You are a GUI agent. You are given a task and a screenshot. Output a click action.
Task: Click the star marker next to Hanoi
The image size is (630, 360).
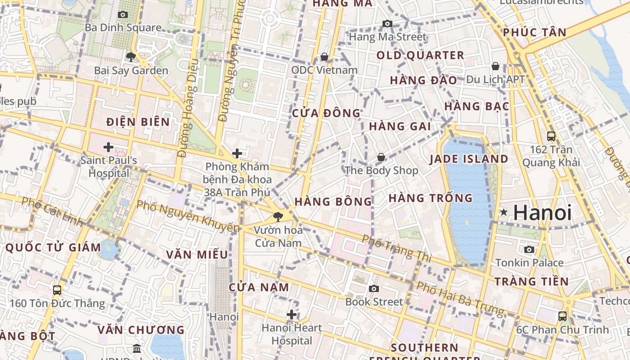504,212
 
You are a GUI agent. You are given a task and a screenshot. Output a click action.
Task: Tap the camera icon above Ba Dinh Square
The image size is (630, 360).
122,14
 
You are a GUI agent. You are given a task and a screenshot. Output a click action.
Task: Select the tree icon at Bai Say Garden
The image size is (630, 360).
131,57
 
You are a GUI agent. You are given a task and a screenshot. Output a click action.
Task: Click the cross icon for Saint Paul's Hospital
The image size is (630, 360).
108,147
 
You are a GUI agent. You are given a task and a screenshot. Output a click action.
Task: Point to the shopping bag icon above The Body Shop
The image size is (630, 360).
381,157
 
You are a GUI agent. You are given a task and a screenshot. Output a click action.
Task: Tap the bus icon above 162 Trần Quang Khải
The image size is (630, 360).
551,136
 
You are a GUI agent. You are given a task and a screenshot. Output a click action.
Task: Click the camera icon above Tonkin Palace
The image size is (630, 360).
529,249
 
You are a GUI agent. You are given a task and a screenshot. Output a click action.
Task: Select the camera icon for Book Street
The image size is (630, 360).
373,288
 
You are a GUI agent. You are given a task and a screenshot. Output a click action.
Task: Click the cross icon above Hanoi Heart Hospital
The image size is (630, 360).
292,315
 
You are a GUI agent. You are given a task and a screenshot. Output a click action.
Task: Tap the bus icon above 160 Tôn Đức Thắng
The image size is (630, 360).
57,290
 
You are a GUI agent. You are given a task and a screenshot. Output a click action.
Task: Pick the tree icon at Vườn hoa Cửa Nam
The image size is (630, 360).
278,217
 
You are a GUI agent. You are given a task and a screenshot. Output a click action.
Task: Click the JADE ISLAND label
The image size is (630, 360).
468,159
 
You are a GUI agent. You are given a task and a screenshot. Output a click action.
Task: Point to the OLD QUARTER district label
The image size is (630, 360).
420,55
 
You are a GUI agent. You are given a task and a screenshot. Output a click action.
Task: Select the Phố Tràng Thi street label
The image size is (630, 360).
396,248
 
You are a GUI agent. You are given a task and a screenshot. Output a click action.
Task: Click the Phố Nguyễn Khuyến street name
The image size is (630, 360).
188,216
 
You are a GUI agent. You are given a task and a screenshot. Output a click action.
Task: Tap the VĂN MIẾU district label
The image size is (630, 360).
197,255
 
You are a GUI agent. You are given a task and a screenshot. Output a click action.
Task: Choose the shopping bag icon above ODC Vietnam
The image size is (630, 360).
324,57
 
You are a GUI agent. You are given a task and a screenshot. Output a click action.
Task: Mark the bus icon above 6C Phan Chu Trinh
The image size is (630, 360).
562,316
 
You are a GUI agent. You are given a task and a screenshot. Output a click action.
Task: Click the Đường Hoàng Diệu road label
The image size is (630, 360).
188,108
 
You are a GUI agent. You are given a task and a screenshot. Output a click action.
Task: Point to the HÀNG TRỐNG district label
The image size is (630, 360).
430,198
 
